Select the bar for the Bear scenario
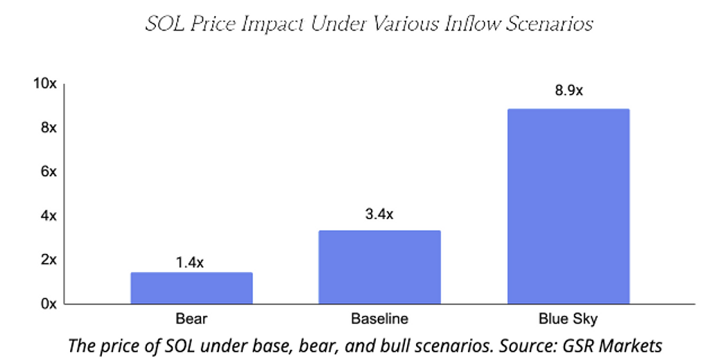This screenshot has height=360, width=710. (191, 288)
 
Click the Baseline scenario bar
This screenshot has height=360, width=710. (379, 267)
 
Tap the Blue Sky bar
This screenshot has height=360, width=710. (569, 207)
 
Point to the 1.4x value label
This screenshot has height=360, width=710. (190, 262)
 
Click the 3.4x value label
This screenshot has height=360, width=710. (379, 214)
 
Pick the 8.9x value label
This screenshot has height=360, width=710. (569, 91)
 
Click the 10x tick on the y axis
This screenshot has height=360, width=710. (45, 84)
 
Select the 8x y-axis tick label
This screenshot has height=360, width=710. (49, 128)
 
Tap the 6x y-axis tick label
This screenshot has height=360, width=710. (49, 171)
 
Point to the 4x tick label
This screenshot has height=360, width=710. (49, 216)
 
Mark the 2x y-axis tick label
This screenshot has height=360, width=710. (49, 260)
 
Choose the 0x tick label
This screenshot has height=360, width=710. (49, 304)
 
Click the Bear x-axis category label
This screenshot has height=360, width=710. (191, 319)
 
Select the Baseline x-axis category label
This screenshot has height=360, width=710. (379, 319)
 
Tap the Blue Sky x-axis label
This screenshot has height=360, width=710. (569, 319)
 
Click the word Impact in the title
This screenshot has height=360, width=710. (272, 24)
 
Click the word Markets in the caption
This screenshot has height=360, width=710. (632, 345)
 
